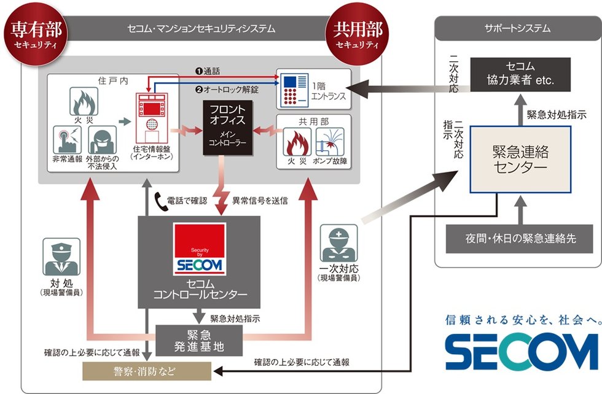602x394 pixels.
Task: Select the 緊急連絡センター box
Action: [x=520, y=160]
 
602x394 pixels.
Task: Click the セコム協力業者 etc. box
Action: [x=521, y=74]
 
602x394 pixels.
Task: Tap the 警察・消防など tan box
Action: [x=147, y=370]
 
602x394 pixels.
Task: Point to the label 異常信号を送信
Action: [x=260, y=200]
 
